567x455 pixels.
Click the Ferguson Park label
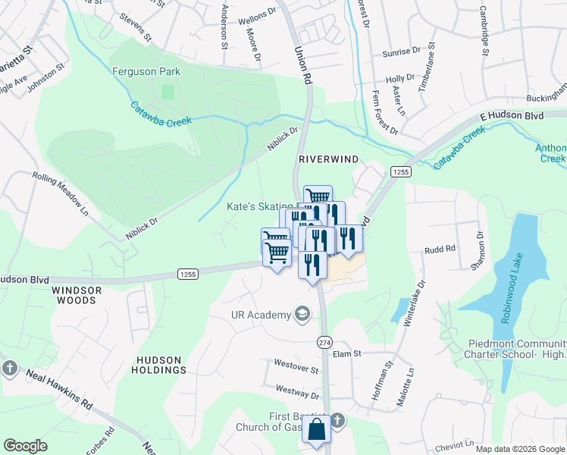click(147, 72)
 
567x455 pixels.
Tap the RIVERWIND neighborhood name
click(327, 159)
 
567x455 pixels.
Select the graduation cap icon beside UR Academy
click(302, 315)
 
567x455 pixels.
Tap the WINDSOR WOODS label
click(74, 295)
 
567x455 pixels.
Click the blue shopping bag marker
click(316, 429)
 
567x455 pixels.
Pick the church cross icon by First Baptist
click(338, 419)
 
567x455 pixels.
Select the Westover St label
click(296, 369)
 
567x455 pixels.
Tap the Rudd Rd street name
click(440, 249)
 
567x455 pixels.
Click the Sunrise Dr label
click(402, 52)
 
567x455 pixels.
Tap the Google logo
click(25, 446)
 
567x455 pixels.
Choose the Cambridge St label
click(484, 30)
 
